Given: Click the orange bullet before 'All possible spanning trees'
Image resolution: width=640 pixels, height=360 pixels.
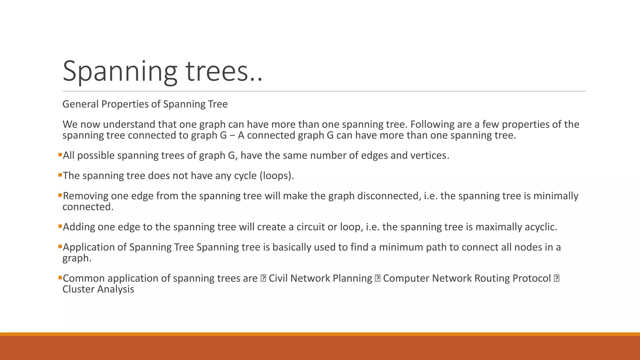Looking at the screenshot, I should (60, 154).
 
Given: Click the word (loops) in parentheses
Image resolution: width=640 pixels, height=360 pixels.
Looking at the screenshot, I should (277, 176).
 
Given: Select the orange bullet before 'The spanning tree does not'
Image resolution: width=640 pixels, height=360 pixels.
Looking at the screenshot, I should (60, 175).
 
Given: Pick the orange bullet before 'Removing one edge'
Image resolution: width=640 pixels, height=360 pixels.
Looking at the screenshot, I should (60, 195).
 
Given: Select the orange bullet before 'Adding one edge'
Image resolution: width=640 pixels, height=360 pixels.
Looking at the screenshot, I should (60, 226).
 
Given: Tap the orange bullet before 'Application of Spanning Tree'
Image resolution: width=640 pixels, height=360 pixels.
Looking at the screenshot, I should (60, 246).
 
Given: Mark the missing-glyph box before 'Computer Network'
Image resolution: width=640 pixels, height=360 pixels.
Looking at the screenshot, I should (377, 278).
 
